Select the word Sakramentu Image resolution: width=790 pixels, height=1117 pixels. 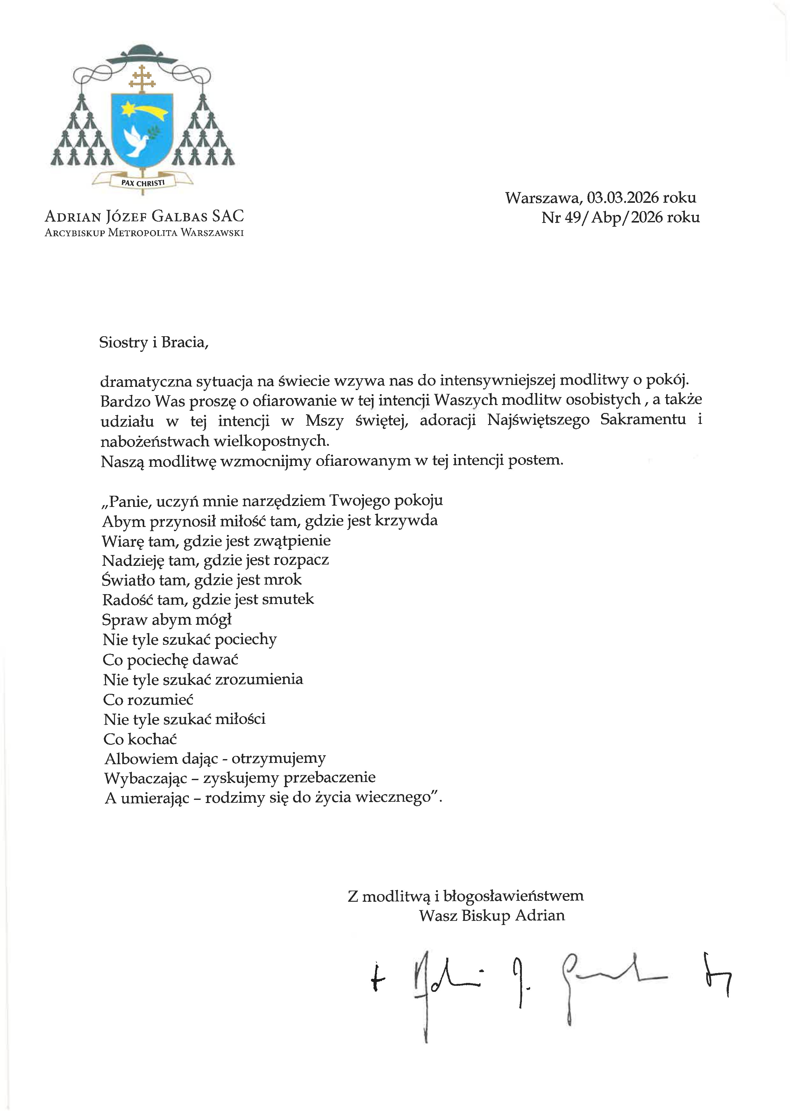(643, 419)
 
